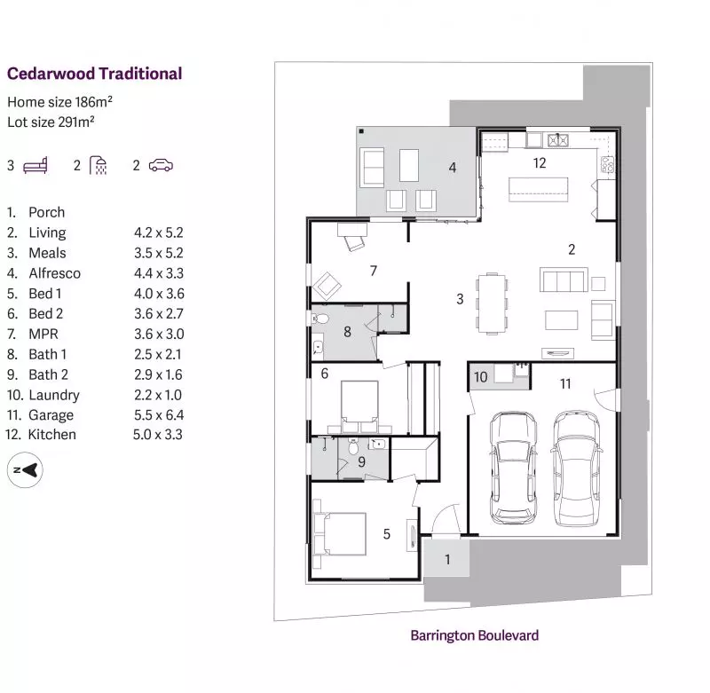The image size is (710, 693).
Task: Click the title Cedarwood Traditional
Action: click(x=94, y=74)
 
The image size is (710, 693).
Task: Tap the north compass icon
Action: click(x=26, y=470)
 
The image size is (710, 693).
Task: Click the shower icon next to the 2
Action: click(x=98, y=165)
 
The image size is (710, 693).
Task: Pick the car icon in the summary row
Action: click(x=161, y=165)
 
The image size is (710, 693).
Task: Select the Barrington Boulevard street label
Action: click(x=474, y=635)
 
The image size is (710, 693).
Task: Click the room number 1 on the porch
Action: click(x=447, y=559)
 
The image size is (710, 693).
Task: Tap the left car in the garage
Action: click(x=509, y=466)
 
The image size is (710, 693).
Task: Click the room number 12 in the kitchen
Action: click(x=539, y=162)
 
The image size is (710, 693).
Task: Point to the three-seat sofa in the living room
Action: click(x=563, y=280)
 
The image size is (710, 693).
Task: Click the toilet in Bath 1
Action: click(x=321, y=318)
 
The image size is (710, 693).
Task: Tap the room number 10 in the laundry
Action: click(x=480, y=377)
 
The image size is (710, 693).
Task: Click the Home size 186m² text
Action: click(x=59, y=102)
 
